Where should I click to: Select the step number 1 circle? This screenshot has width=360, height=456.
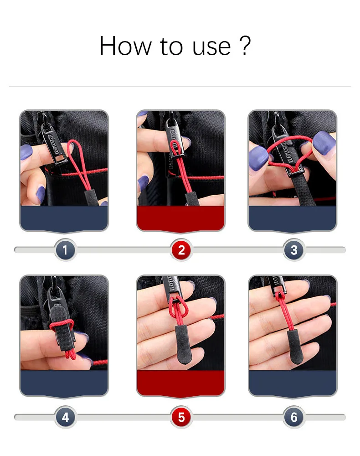coord(65,250)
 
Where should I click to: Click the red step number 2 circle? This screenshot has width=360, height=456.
coord(181,250)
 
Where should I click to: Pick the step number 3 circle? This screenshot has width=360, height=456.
coord(294,250)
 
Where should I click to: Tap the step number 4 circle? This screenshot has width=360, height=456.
coord(65,417)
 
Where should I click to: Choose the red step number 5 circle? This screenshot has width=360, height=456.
coord(181,417)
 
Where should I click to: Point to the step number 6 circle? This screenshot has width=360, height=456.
coord(294,417)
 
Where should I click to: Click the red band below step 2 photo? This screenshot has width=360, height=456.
coord(180,218)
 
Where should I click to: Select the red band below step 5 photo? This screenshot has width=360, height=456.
coord(180,383)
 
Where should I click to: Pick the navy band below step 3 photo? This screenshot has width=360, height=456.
coord(292,218)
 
